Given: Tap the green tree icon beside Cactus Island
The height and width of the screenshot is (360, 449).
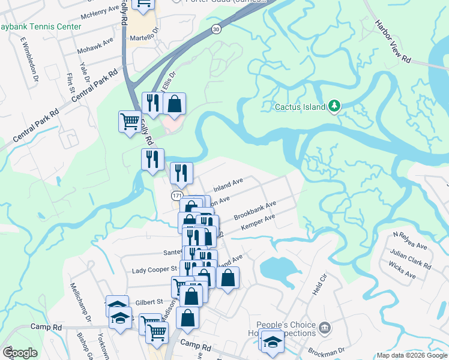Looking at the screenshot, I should pos(334,107).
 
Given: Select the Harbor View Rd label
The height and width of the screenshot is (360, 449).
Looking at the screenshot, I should pos(393,43).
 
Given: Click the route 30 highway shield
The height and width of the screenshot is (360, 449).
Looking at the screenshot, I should pos(215,29).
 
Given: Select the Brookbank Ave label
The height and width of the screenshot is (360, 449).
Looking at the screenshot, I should pos(255,211).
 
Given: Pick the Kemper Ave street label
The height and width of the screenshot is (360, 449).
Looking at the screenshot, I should pos(258,223).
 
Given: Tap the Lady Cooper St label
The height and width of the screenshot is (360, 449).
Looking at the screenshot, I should pos(155,270).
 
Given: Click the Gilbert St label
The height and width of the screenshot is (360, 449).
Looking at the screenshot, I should pos(148,302).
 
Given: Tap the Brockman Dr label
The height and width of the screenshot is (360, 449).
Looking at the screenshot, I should pos(327,350).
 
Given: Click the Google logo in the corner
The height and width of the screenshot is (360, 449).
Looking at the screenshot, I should pos(20,353).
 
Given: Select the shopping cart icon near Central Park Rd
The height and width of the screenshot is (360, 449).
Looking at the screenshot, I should pos(130,122).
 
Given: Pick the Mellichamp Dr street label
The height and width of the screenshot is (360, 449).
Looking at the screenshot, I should pos(80,301).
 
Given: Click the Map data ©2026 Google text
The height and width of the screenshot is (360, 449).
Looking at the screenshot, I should pos(411,355).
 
